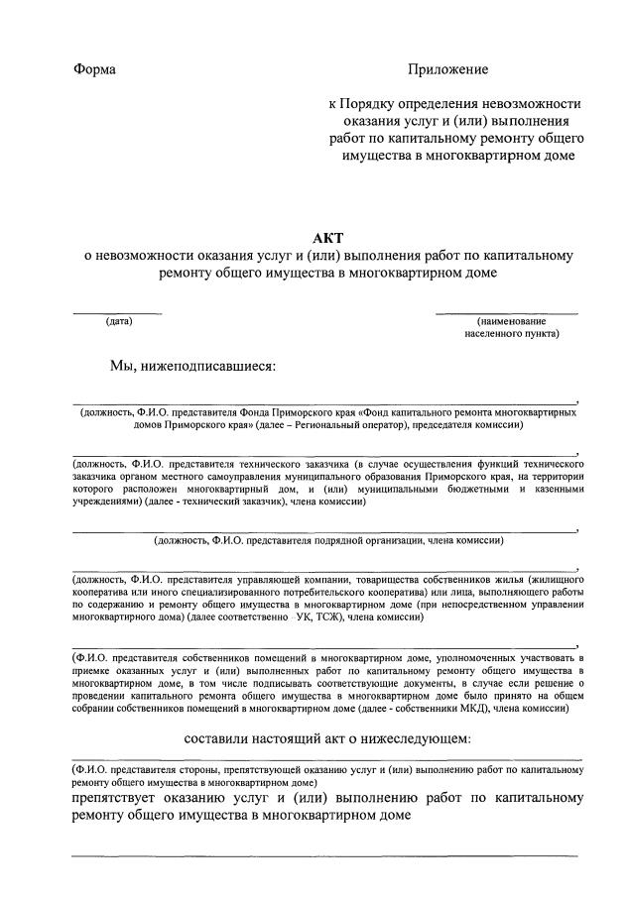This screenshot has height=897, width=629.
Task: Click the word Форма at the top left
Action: pos(94,70)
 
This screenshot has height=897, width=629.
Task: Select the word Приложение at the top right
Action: pos(448,70)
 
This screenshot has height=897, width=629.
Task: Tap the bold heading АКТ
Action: pos(326,238)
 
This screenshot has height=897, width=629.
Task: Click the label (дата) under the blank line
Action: pos(118,321)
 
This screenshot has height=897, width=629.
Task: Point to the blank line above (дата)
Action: pos(118,313)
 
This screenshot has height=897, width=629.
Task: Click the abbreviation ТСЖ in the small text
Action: pos(334,617)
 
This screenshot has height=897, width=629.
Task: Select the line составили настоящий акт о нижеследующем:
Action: pos(327,738)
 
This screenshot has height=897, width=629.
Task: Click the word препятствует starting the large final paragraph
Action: pos(120,797)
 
